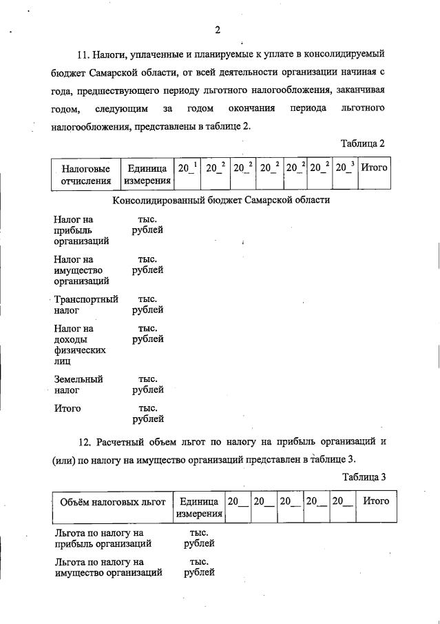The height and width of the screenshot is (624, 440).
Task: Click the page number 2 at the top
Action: [217, 30]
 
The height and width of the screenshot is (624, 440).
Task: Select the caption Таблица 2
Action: [362, 143]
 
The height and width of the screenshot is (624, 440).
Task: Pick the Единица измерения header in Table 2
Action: [147, 174]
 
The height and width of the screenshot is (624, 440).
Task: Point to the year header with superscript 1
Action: [187, 168]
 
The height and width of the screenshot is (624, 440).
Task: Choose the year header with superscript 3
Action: [344, 168]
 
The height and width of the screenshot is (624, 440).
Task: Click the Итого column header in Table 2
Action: [374, 168]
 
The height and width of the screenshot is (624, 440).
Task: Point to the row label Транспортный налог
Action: [86, 305]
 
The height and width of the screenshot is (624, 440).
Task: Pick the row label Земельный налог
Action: [78, 385]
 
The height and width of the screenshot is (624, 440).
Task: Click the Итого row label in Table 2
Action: [67, 408]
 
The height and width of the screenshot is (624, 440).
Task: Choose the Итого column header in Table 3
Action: [375, 501]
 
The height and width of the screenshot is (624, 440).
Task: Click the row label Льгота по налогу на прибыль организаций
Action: [99, 539]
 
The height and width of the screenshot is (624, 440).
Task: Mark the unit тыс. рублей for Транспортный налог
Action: [147, 305]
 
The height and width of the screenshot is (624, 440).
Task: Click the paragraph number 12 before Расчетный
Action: [85, 441]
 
